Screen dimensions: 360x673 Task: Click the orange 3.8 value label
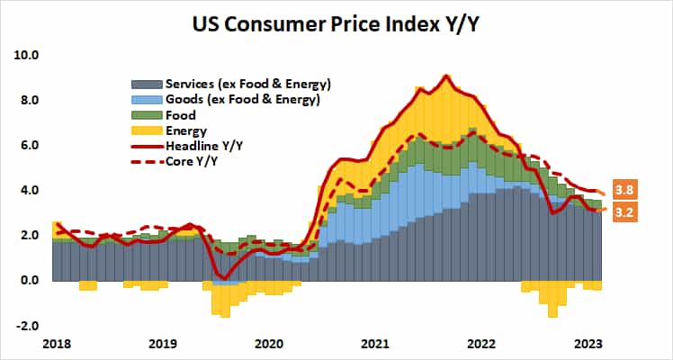pos(625,190)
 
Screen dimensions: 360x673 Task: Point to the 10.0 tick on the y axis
pos(27,55)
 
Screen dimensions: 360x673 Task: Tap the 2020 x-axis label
pos(269,344)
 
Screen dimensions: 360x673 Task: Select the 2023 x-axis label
pos(588,344)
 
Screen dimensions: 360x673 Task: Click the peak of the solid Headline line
pos(447,76)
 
